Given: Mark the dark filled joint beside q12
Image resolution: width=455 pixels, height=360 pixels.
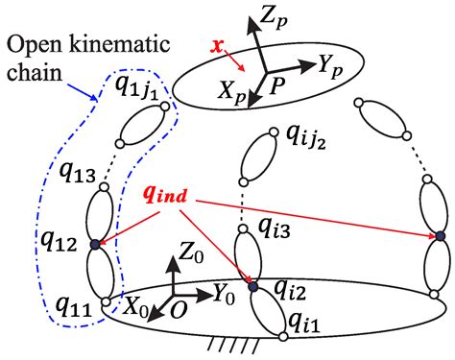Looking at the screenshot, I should [x=94, y=246].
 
